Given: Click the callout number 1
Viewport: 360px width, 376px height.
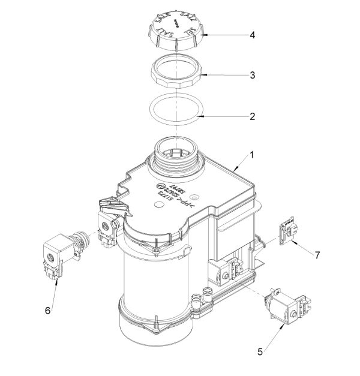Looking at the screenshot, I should tap(252, 155).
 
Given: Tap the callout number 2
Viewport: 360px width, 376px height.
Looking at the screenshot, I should tap(253, 116).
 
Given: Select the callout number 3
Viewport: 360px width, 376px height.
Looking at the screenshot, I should tap(253, 76).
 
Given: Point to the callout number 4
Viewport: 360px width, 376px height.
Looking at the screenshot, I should tap(253, 35).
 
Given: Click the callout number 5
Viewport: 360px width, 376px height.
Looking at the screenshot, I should tap(260, 351).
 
